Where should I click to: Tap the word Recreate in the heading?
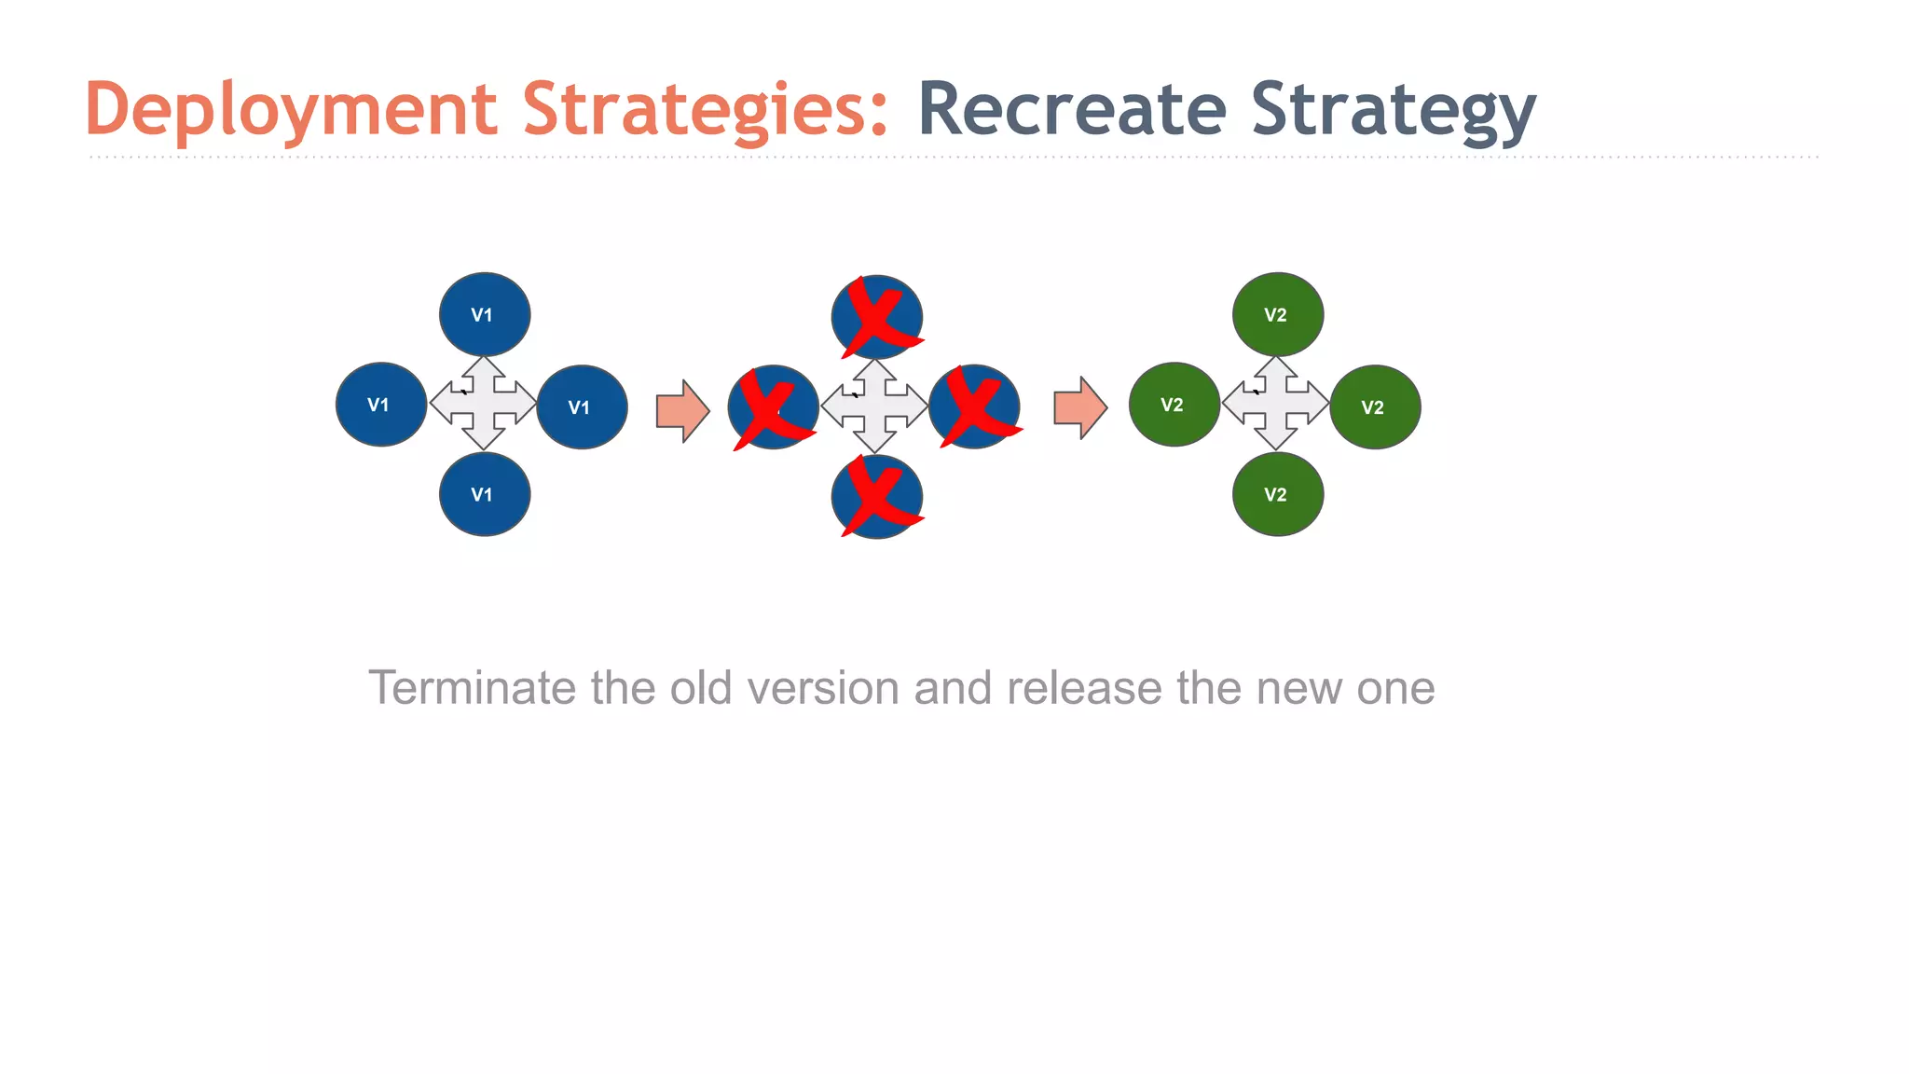(x=1072, y=110)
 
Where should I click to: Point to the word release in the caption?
(x=1084, y=688)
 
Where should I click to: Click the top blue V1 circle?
(x=485, y=314)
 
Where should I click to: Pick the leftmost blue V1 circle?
(x=381, y=404)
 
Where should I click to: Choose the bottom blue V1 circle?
(x=485, y=494)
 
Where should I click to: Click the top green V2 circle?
(x=1278, y=314)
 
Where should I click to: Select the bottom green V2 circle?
(x=1278, y=494)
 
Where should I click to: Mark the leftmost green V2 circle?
(x=1174, y=404)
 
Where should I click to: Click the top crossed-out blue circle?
(x=877, y=317)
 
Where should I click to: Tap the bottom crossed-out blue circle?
(x=877, y=497)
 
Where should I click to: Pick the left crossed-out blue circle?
(x=774, y=407)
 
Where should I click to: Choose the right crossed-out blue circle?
(x=975, y=407)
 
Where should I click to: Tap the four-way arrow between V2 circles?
(x=1275, y=403)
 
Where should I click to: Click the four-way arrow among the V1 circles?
(x=483, y=403)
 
